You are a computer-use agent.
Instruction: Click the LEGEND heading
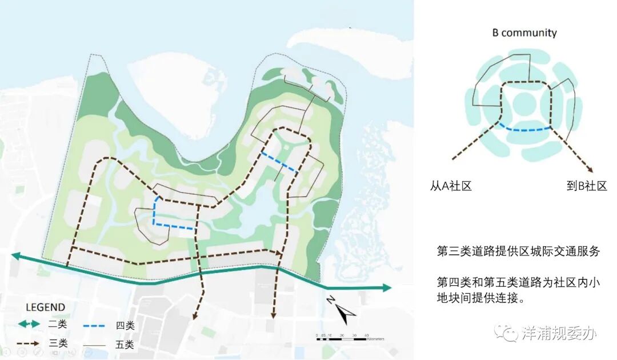point(41,307)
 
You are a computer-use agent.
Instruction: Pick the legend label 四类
point(126,325)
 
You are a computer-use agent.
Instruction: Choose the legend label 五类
point(125,345)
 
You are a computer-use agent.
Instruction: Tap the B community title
point(524,33)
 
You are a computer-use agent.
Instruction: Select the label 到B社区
point(587,186)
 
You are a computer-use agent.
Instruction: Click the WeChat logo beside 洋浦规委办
point(505,332)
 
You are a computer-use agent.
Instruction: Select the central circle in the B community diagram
point(524,104)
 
